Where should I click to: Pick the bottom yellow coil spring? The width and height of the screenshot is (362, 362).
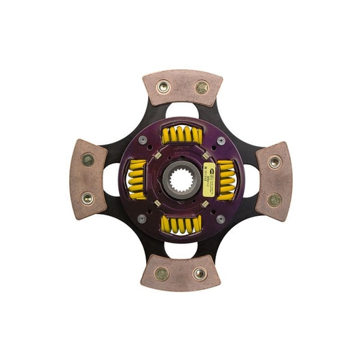point(181,225)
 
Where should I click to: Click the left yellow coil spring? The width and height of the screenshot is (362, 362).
point(137,180)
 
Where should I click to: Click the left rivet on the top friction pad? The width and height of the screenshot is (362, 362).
point(163,87)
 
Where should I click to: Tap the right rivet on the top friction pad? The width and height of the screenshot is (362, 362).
point(202,87)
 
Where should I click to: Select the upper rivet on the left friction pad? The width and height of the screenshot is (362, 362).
point(88,160)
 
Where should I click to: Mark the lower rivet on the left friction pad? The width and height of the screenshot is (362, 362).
point(88,199)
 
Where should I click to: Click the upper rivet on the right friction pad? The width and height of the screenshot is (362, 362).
point(274,162)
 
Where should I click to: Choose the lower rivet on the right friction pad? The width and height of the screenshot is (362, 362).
point(274,200)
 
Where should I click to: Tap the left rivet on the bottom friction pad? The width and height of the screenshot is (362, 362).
point(162,274)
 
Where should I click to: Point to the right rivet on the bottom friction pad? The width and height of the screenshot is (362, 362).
point(200,274)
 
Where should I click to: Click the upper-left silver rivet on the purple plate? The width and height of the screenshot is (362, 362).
point(143,141)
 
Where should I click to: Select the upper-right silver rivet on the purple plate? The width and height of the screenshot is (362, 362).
point(221,141)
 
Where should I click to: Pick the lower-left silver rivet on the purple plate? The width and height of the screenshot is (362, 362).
point(142,219)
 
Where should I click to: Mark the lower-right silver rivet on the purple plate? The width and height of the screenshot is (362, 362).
point(220,219)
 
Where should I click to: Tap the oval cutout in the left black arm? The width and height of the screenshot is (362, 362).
point(111,180)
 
